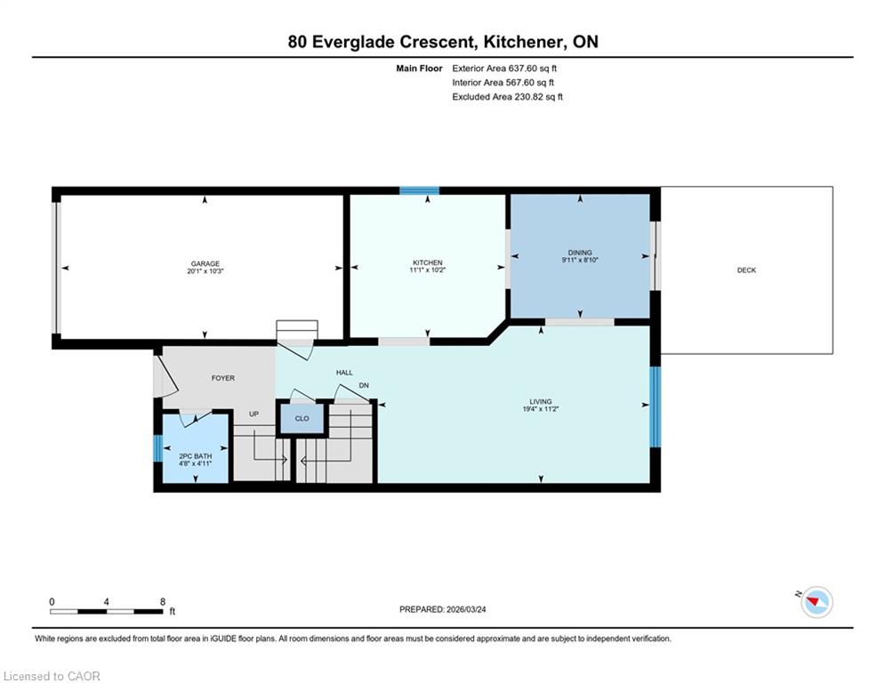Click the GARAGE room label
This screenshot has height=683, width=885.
click(205, 263)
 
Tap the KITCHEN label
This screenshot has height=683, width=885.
click(427, 262)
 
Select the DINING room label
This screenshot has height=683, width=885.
click(580, 253)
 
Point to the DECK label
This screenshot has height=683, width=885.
click(746, 270)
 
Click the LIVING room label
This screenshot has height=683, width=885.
click(540, 401)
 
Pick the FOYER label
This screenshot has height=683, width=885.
click(223, 378)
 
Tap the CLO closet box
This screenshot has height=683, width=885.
click(302, 418)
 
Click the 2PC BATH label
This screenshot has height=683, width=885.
click(196, 456)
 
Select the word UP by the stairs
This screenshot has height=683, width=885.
click(254, 414)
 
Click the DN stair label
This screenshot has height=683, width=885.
click(364, 386)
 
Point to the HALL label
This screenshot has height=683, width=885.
click(344, 373)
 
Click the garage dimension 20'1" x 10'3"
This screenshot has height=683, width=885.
click(205, 271)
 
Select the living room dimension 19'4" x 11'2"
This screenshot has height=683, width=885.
click(540, 409)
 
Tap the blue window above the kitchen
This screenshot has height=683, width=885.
click(419, 190)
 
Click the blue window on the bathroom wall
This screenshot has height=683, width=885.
click(158, 448)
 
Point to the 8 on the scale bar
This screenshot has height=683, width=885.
click(163, 602)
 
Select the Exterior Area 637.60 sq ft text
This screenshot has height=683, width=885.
click(504, 68)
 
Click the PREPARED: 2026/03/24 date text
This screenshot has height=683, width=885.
click(443, 609)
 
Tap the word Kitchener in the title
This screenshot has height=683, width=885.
click(523, 42)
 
